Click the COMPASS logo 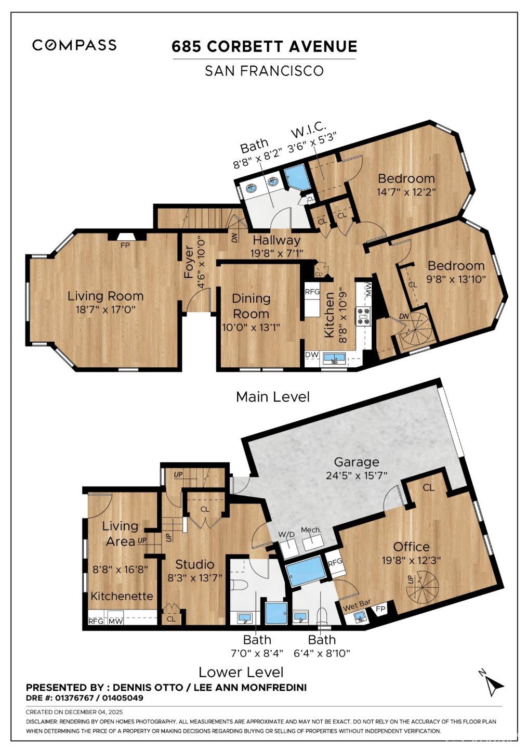[74, 45]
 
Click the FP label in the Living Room [125, 245]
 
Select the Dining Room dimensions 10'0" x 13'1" [251, 327]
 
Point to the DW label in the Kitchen [312, 354]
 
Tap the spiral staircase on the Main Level [416, 331]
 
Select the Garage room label [357, 462]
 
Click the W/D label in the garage [287, 535]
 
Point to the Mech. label [311, 530]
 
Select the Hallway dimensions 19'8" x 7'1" [276, 253]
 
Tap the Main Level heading [273, 397]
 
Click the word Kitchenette [122, 596]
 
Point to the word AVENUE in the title [323, 46]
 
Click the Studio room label [194, 564]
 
